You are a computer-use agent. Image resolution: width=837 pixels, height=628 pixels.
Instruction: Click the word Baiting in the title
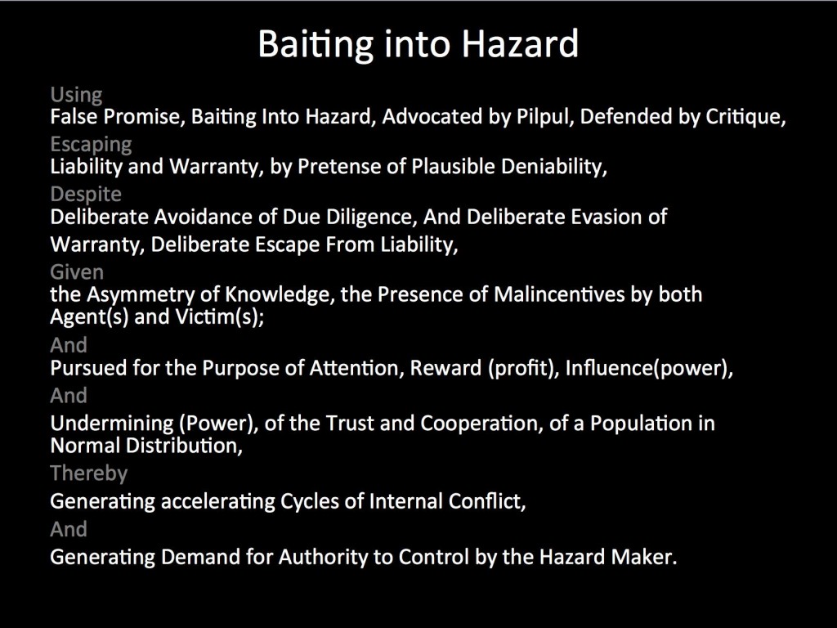[x=316, y=45]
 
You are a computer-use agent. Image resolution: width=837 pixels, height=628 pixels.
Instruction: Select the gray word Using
[x=76, y=95]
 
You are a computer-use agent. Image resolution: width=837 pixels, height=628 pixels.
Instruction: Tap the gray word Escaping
[x=92, y=145]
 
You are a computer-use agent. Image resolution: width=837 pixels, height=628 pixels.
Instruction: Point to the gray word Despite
[x=86, y=194]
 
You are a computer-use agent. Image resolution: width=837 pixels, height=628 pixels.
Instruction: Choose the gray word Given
[x=77, y=272]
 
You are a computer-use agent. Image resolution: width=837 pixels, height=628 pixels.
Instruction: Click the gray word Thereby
[x=89, y=473]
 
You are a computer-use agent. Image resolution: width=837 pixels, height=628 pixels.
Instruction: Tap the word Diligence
[x=372, y=218]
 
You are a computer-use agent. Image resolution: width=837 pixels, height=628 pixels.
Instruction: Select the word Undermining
[x=112, y=424]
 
